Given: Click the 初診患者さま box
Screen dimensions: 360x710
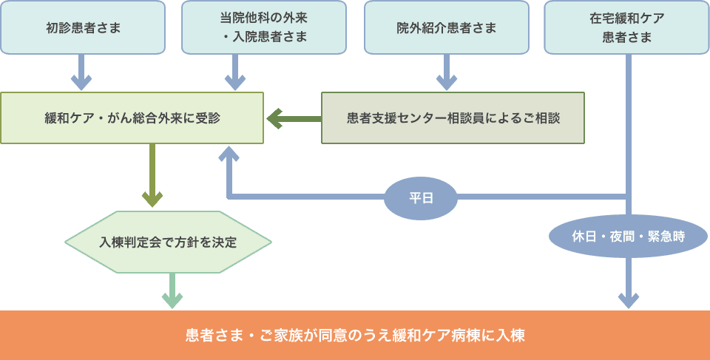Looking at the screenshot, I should (83, 28).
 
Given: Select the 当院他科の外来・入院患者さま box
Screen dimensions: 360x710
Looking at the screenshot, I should (264, 28).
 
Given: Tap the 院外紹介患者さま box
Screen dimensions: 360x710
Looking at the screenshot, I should (446, 28).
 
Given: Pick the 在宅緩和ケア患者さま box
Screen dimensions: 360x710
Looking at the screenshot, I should (626, 28).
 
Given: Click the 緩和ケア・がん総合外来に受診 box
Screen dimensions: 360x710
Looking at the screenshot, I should (132, 118).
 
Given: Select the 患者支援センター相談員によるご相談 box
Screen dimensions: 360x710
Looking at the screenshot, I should (453, 118).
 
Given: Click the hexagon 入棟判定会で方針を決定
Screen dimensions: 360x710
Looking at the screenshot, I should (168, 242).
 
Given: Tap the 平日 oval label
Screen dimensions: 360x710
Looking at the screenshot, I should (421, 198).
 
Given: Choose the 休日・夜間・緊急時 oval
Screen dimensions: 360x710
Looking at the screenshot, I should (628, 237).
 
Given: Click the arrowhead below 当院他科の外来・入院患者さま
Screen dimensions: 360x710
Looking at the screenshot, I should (234, 81).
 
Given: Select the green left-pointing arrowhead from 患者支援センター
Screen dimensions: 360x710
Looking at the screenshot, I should (274, 118).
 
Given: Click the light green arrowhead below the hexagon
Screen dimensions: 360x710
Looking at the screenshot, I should (172, 299).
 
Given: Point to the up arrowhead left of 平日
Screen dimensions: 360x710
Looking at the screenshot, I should (229, 153).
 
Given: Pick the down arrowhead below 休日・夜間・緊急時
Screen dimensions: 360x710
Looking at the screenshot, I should (628, 299).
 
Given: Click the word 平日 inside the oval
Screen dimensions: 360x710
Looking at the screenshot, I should (421, 198).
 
